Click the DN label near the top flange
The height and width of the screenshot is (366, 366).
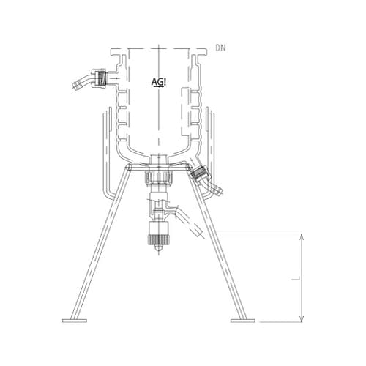[221, 50]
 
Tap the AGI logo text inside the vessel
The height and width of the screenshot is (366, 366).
[160, 81]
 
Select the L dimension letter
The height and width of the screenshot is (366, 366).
[291, 279]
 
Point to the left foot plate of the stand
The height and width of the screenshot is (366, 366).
[77, 321]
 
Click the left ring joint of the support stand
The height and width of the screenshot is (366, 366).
[129, 168]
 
